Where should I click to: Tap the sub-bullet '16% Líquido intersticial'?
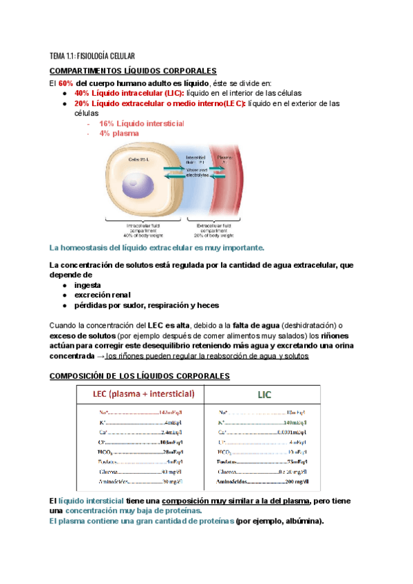[141, 123]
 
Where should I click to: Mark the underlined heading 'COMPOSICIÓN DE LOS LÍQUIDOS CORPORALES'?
[140, 376]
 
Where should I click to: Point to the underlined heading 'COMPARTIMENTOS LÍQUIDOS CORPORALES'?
[133, 71]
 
